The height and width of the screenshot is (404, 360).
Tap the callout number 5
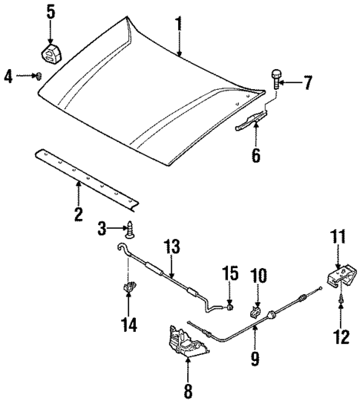point(50,11)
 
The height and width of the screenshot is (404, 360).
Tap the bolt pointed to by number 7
point(277,77)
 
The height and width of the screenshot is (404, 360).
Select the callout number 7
point(309,82)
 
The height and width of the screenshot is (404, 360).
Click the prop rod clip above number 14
point(129,286)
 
